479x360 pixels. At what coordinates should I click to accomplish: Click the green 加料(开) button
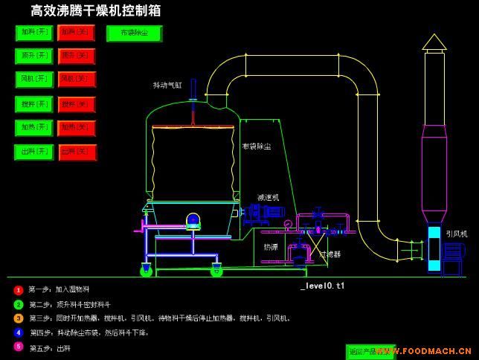point(34,33)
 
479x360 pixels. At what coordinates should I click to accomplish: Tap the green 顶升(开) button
point(34,56)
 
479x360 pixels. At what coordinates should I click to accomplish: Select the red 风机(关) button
point(77,79)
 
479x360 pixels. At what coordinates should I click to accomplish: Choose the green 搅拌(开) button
point(34,104)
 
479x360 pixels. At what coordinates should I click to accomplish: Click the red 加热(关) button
point(77,128)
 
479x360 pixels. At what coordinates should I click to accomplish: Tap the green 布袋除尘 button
point(134,33)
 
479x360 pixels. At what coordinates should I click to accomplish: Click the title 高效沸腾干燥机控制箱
point(95,10)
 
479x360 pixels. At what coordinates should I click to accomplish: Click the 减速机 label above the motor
point(268,197)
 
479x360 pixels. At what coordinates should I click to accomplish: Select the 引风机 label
point(456,234)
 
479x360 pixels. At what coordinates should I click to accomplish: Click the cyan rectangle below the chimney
point(434,248)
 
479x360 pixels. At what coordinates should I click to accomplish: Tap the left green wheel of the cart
point(147,271)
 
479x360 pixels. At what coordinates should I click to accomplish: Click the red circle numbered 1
point(19,290)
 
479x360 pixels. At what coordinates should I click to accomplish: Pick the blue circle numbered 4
point(19,332)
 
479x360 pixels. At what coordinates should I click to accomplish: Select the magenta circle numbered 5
point(19,347)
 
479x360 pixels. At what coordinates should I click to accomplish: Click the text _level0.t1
point(323,286)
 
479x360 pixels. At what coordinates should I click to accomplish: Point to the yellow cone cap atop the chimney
point(434,42)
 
